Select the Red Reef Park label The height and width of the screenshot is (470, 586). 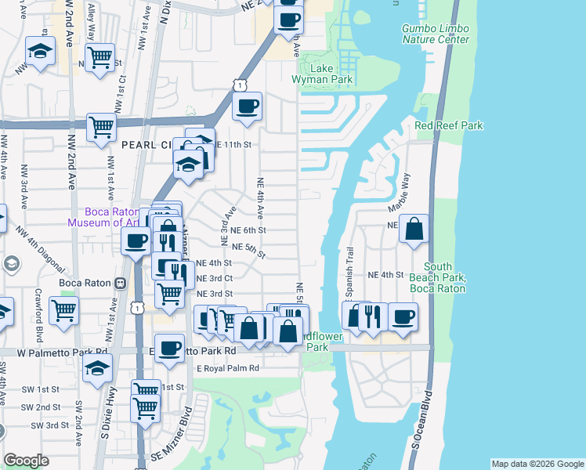pos(449,125)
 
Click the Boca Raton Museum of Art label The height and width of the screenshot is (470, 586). pos(103,217)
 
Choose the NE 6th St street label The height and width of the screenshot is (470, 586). pos(249,230)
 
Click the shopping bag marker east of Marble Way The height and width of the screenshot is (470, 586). pos(414,229)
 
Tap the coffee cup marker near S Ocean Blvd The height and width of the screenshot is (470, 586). pos(403,316)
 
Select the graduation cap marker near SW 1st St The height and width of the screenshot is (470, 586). pos(97,367)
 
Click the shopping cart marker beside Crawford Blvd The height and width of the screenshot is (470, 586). pos(63,309)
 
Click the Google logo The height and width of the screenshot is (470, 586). pos(26,461)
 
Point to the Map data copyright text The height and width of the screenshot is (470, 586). pos(537,464)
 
